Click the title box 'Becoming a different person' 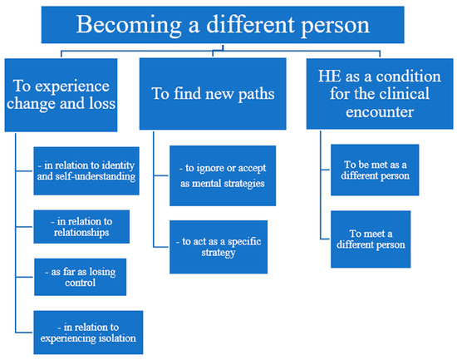(x=223, y=25)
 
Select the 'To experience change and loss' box (x=61, y=95)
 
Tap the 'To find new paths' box (x=213, y=94)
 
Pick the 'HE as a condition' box (x=380, y=94)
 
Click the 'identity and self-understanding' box (x=86, y=170)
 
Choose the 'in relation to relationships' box (x=81, y=227)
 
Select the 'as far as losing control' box (x=80, y=277)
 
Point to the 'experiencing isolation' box (x=88, y=333)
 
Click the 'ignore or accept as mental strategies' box (x=223, y=175)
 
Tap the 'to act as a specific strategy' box (x=219, y=247)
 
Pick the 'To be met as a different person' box (x=375, y=170)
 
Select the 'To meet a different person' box (x=371, y=239)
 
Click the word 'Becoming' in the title (x=129, y=26)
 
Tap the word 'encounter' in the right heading (x=380, y=111)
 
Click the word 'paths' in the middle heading (x=256, y=95)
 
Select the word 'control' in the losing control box (x=80, y=283)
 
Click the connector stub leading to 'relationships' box (x=24, y=227)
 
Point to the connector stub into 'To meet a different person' (x=326, y=239)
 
